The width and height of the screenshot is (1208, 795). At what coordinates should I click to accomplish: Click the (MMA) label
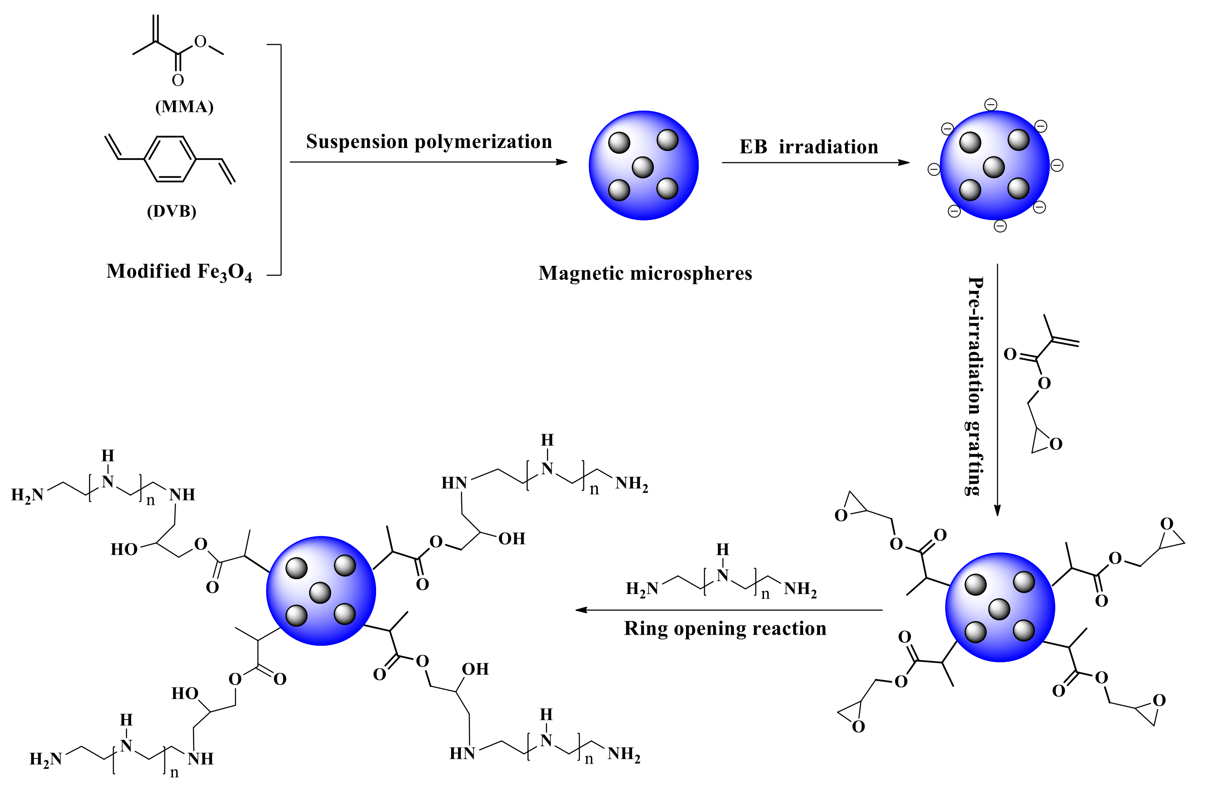(x=184, y=106)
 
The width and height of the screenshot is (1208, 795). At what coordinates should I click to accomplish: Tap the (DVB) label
(x=172, y=211)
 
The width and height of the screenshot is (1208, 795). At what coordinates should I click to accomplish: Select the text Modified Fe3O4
(x=179, y=272)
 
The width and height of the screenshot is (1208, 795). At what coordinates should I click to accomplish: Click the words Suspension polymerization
(x=429, y=142)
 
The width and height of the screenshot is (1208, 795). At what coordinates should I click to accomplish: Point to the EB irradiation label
(x=809, y=147)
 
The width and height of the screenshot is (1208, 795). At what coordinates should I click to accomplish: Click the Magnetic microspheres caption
(x=645, y=273)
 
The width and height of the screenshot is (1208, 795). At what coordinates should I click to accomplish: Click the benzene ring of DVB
(x=170, y=159)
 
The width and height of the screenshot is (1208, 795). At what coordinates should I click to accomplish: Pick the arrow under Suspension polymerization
(x=429, y=162)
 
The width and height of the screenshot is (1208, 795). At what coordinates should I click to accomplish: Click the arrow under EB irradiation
(x=815, y=162)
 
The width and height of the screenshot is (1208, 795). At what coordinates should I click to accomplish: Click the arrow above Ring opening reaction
(x=728, y=610)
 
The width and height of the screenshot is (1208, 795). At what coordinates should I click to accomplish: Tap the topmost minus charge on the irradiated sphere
(x=991, y=105)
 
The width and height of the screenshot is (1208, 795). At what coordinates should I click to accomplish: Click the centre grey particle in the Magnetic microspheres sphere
(x=642, y=167)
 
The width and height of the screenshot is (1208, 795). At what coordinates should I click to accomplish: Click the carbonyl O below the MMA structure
(x=178, y=80)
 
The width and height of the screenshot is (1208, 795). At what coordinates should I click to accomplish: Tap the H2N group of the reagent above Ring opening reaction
(x=642, y=589)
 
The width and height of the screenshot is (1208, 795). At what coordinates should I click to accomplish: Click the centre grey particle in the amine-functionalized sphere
(x=320, y=592)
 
